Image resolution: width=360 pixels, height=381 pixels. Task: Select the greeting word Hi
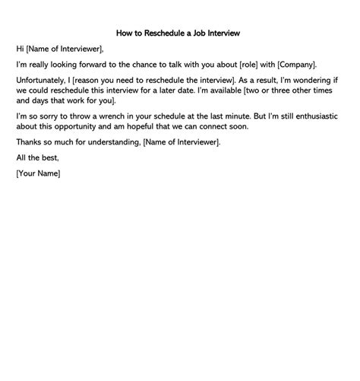tap(20, 49)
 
